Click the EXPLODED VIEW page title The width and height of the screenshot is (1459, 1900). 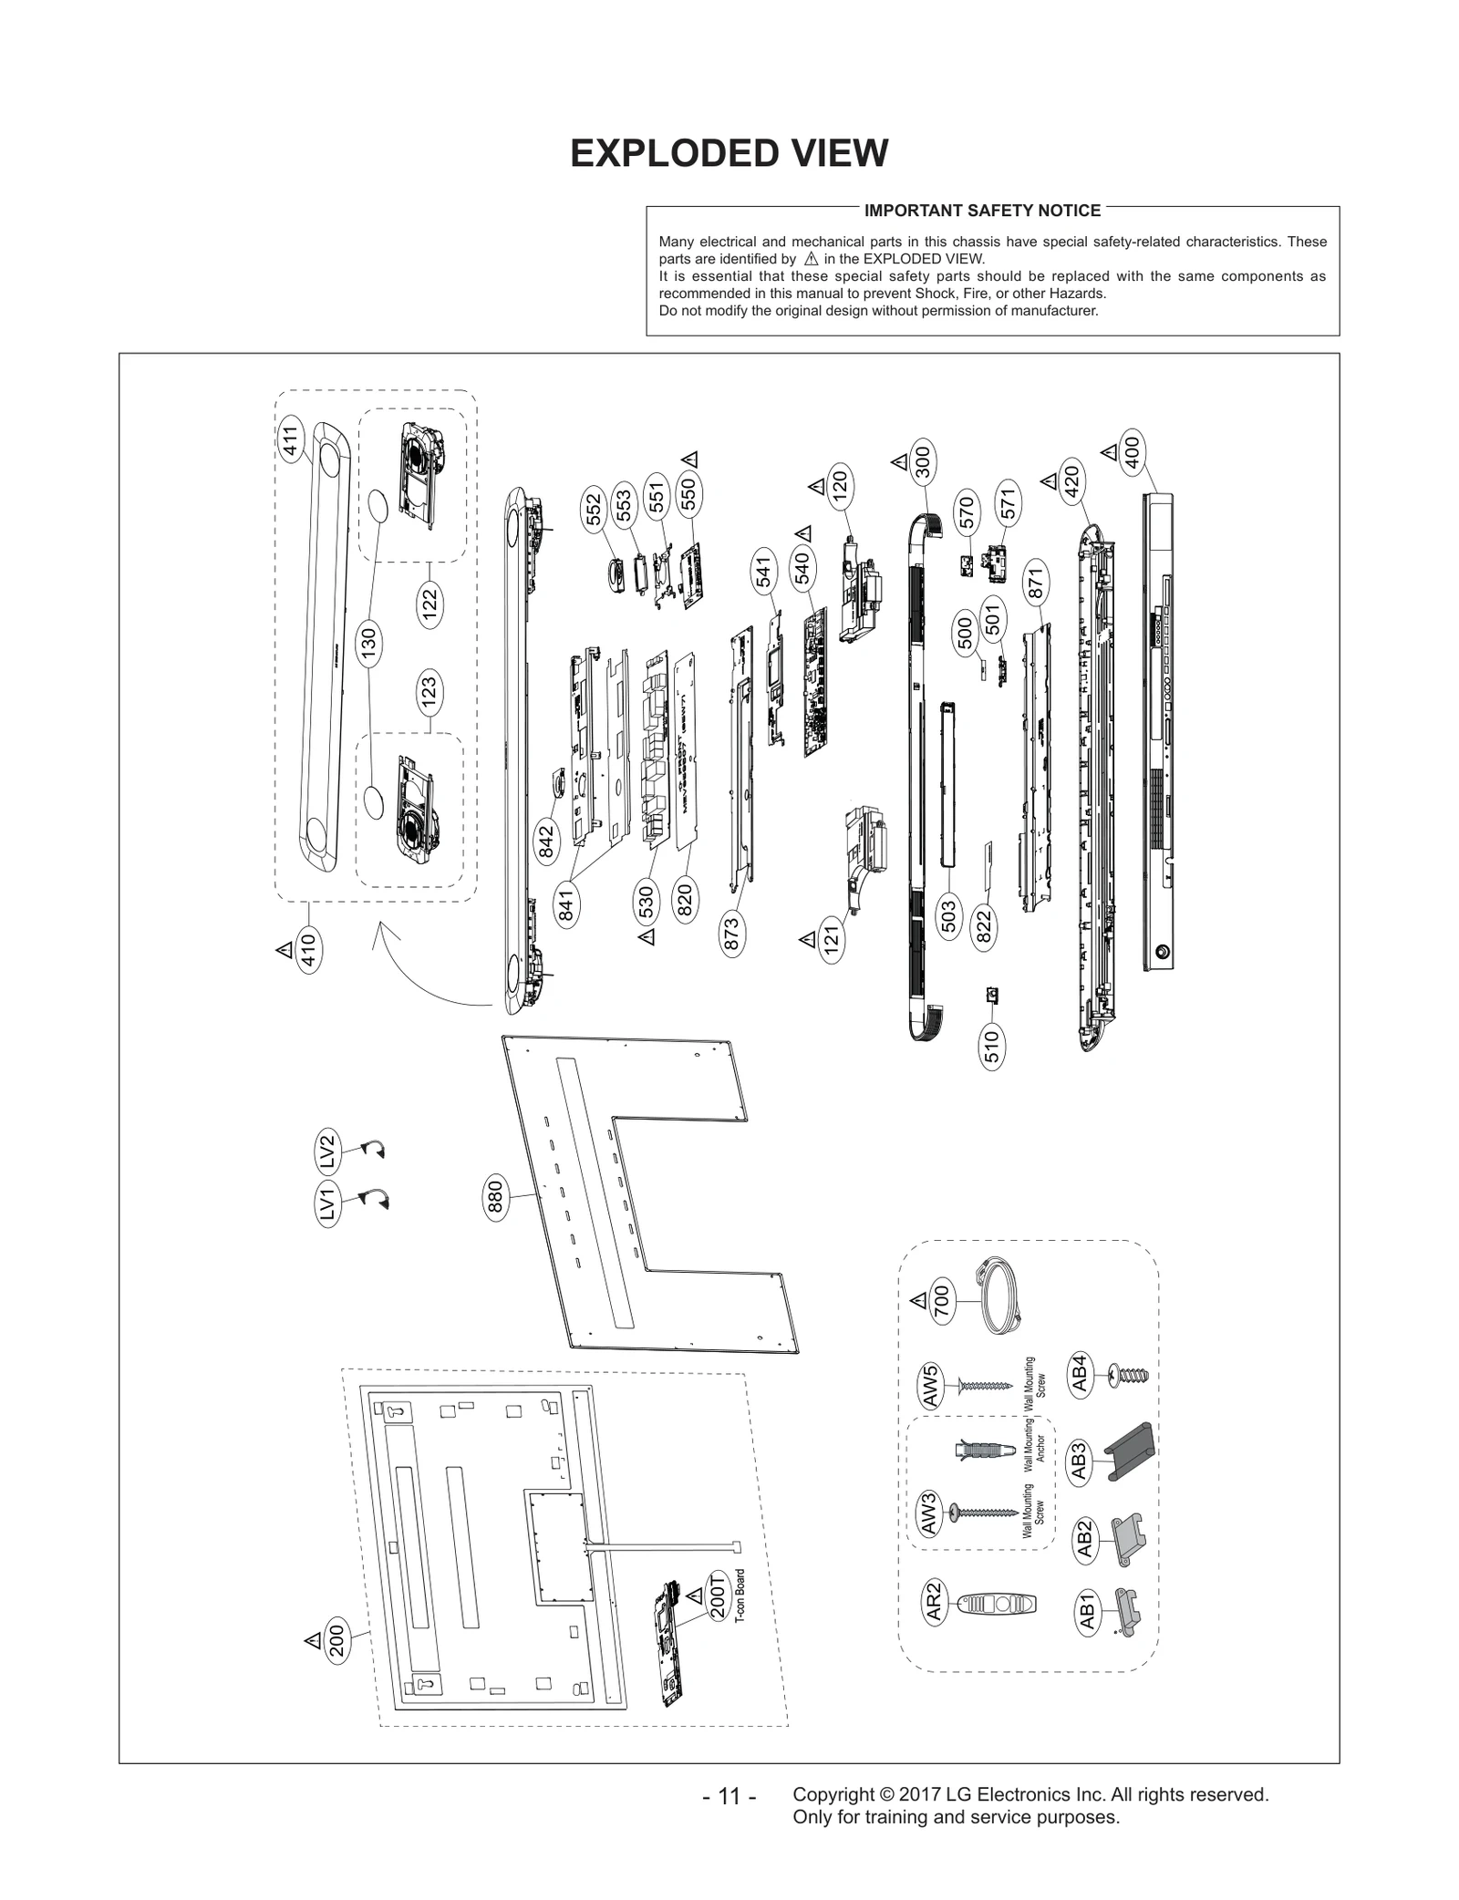point(729,153)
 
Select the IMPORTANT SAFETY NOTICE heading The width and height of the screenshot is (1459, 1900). point(982,211)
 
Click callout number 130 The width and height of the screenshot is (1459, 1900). point(368,645)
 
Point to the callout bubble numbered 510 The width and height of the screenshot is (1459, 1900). point(992,1046)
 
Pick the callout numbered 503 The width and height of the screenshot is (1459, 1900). point(947,916)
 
